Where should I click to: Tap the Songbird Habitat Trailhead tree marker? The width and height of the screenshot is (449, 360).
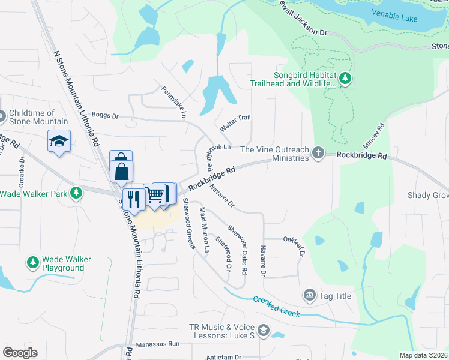pyautogui.click(x=345, y=78)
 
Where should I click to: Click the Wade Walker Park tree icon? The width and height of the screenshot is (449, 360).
pyautogui.click(x=76, y=193)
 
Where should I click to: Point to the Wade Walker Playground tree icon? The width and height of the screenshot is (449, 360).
pyautogui.click(x=32, y=263)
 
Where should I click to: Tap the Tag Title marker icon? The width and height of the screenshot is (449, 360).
pyautogui.click(x=310, y=295)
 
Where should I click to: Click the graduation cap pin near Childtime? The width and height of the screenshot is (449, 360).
pyautogui.click(x=59, y=141)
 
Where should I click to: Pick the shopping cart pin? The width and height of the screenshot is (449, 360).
pyautogui.click(x=155, y=194)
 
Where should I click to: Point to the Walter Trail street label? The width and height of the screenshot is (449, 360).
pyautogui.click(x=235, y=123)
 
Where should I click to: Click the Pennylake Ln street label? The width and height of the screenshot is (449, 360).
pyautogui.click(x=175, y=101)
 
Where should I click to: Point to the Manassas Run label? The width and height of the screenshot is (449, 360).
pyautogui.click(x=158, y=344)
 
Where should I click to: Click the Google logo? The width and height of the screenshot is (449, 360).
pyautogui.click(x=20, y=353)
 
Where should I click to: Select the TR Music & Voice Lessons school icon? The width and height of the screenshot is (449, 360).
pyautogui.click(x=263, y=331)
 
